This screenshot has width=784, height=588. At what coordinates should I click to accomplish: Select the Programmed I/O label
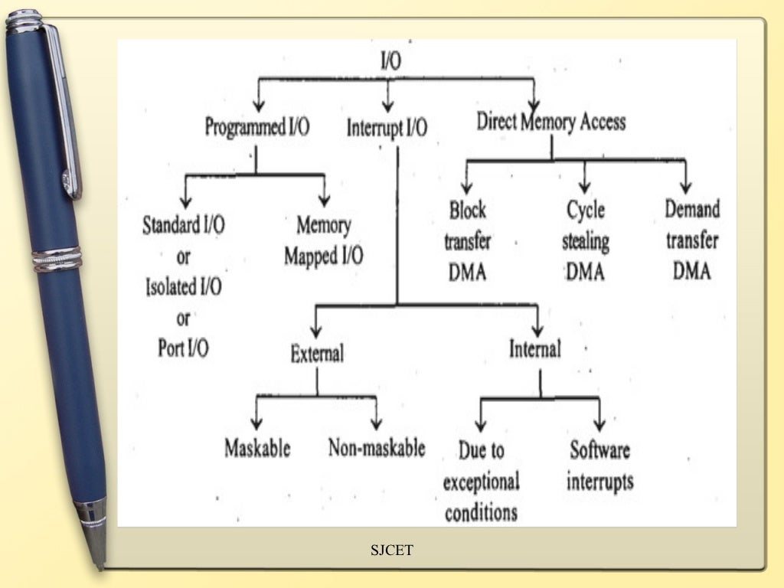click(257, 127)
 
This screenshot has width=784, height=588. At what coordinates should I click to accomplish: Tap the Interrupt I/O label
click(387, 128)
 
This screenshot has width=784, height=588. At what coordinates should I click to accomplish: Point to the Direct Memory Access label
click(551, 121)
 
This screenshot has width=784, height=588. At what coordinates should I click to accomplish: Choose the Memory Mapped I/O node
click(324, 240)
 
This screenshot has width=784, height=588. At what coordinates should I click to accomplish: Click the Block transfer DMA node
click(467, 240)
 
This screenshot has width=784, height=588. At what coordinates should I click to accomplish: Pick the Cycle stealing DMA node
click(586, 240)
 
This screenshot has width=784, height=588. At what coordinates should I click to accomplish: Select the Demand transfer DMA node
click(692, 240)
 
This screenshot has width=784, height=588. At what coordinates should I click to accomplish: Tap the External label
click(317, 353)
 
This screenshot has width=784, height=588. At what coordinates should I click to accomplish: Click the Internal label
click(535, 349)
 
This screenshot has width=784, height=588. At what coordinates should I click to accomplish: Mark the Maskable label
click(257, 448)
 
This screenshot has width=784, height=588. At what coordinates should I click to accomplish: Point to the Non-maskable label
click(376, 448)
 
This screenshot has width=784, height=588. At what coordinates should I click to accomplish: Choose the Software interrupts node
click(600, 465)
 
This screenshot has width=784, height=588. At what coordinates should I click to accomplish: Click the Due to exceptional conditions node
click(482, 481)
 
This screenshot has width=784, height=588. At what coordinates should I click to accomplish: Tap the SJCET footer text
click(392, 550)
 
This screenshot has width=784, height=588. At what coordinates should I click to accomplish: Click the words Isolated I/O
click(184, 288)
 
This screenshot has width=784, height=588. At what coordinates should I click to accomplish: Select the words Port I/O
click(184, 348)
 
